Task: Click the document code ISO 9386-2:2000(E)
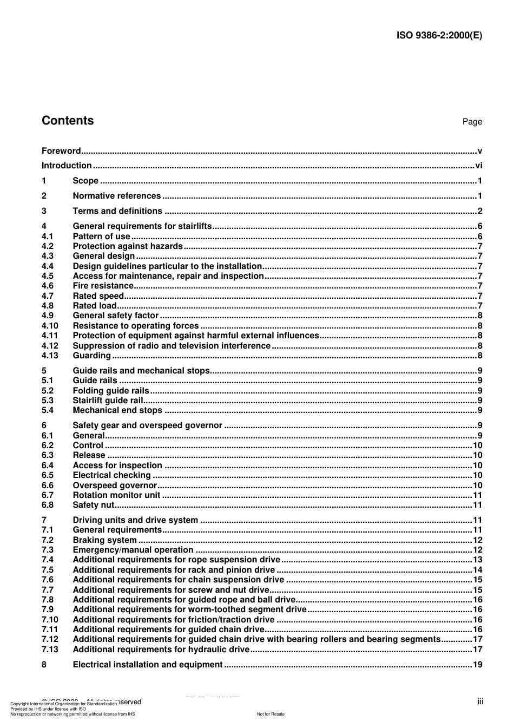439,36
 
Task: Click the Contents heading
68,121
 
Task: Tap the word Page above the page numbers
472,122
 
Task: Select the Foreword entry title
61,151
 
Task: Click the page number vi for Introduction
478,166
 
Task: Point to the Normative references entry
116,196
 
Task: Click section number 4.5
48,276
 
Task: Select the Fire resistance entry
103,286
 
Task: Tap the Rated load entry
95,306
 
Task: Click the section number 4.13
50,356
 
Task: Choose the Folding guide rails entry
110,391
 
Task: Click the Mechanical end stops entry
117,410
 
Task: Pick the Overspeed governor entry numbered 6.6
115,486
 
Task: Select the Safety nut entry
93,505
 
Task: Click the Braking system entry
104,540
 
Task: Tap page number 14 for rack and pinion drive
477,570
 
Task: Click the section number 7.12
50,639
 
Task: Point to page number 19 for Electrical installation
477,665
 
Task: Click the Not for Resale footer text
271,714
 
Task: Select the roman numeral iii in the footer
480,701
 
